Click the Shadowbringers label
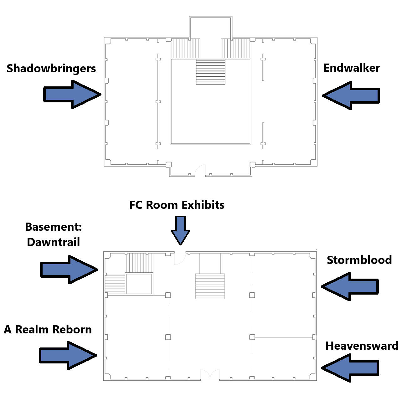click(51, 69)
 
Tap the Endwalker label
click(352, 68)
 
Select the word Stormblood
click(359, 260)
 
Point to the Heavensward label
click(362, 346)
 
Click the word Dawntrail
click(53, 242)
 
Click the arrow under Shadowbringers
click(72, 94)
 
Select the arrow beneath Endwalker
click(351, 95)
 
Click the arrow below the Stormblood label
click(350, 286)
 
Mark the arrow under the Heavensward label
click(350, 368)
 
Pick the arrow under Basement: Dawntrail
click(69, 270)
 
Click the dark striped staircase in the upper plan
click(210, 72)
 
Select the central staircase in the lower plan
click(210, 286)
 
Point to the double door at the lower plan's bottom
click(210, 375)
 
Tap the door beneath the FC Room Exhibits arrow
click(180, 258)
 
